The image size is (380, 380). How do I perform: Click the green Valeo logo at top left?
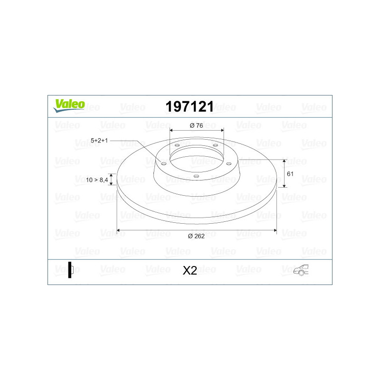pyautogui.click(x=69, y=105)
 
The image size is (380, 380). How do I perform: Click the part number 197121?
pyautogui.click(x=190, y=106)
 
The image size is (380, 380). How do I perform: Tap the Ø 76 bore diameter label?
pyautogui.click(x=196, y=125)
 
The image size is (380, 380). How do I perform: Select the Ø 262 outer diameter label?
pyautogui.click(x=196, y=236)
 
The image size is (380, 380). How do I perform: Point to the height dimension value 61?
pyautogui.click(x=290, y=174)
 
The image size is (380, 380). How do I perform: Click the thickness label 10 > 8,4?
pyautogui.click(x=97, y=180)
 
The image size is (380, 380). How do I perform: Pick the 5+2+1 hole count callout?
pyautogui.click(x=99, y=141)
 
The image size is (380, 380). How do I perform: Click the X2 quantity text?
pyautogui.click(x=190, y=271)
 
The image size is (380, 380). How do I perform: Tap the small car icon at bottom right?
pyautogui.click(x=301, y=270)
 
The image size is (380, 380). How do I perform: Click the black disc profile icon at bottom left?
pyautogui.click(x=70, y=270)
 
